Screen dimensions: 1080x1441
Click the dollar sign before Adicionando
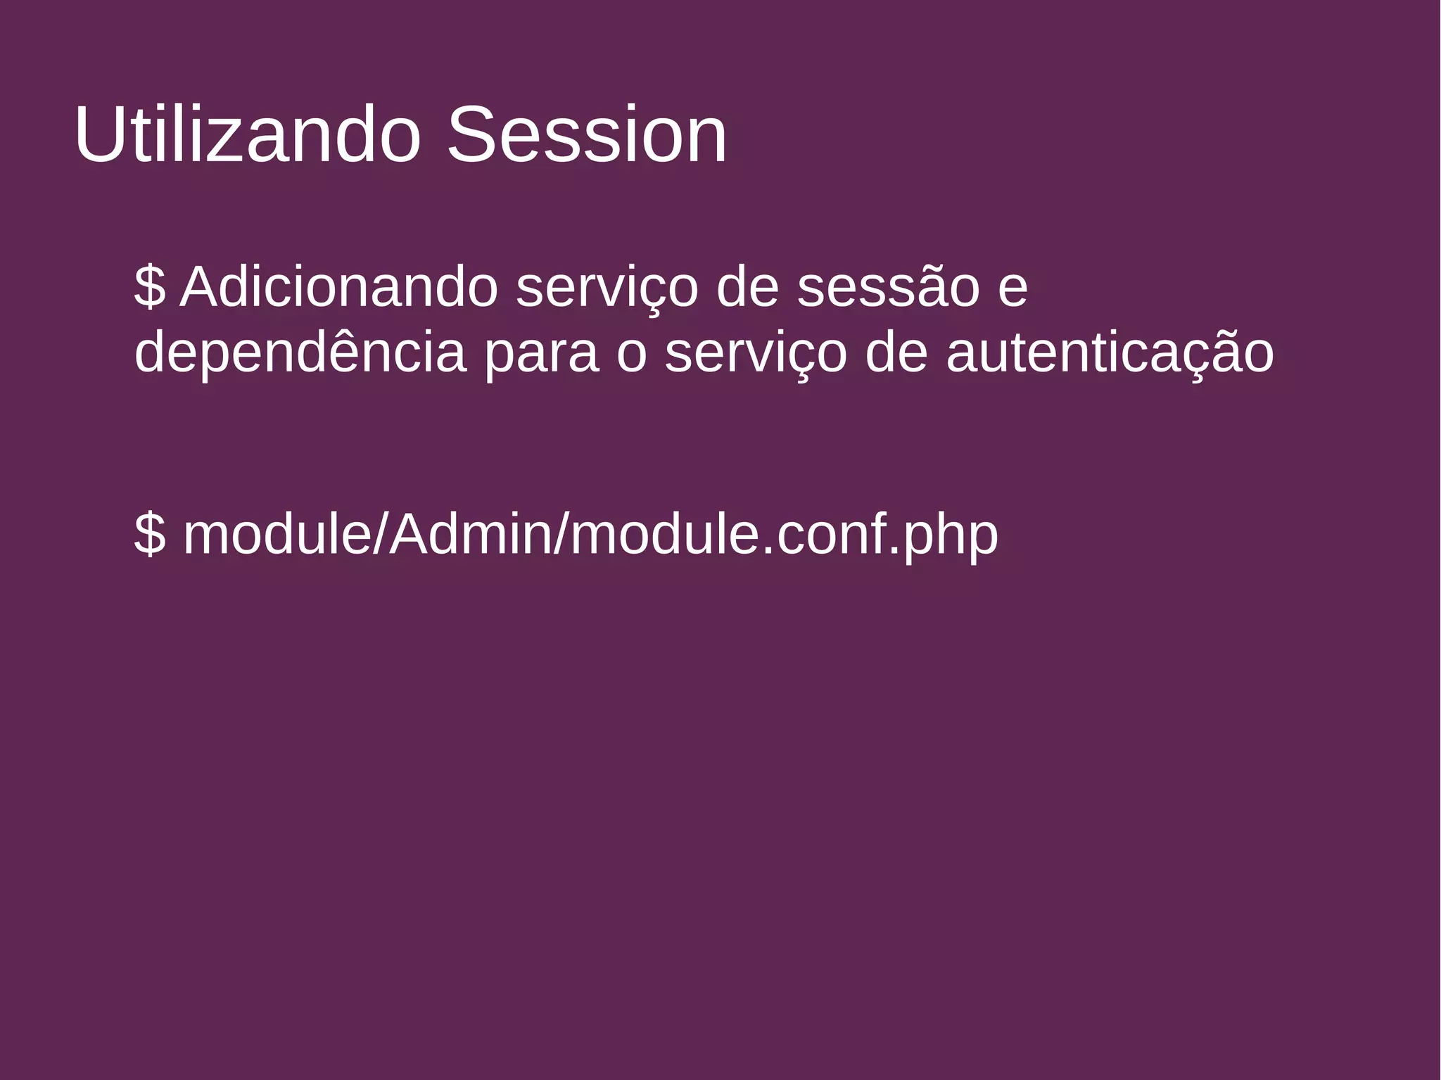coord(149,287)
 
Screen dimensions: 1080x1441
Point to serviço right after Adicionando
coord(607,288)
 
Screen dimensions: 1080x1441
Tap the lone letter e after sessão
coord(1012,288)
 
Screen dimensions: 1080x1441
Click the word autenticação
coord(1110,354)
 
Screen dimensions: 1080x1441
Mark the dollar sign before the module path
coord(149,535)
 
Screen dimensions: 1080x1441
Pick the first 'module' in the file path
coord(277,535)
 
